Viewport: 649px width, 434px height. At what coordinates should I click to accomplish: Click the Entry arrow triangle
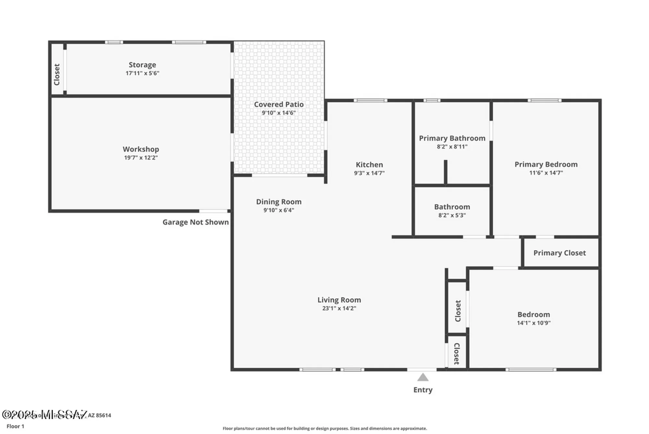tap(422, 377)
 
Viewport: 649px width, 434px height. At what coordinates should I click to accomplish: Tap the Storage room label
tap(142, 65)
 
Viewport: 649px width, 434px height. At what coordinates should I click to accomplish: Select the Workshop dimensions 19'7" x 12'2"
tap(141, 158)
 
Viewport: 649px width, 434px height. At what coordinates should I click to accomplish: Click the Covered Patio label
tap(279, 105)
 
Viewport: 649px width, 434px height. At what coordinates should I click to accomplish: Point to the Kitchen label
tap(369, 165)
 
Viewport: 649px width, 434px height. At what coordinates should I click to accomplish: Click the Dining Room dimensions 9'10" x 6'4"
tap(279, 210)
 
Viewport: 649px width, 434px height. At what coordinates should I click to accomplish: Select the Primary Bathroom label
tap(452, 138)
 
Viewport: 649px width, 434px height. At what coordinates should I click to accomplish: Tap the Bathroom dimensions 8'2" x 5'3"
tap(452, 215)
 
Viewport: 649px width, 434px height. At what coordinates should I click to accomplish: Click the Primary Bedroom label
tap(546, 164)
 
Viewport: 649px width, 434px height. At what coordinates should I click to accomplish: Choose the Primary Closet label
tap(559, 253)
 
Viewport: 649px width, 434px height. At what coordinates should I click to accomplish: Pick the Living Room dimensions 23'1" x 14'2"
tap(339, 308)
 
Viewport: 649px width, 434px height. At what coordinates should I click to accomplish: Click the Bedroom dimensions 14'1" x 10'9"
tap(533, 323)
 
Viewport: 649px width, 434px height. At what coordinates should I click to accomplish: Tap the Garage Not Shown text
tap(195, 222)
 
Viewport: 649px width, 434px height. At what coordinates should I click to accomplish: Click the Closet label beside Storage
tap(57, 75)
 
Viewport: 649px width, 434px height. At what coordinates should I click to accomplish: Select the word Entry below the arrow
tap(422, 390)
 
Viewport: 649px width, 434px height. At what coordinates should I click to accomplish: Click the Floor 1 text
tap(15, 426)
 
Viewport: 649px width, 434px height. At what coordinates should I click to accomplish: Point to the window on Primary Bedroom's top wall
tap(544, 101)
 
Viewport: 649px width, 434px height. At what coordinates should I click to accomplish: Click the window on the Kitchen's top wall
tap(370, 101)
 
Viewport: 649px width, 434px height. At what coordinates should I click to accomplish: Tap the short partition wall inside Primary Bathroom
tap(446, 172)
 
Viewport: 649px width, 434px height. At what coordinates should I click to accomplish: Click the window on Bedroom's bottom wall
tap(531, 369)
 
